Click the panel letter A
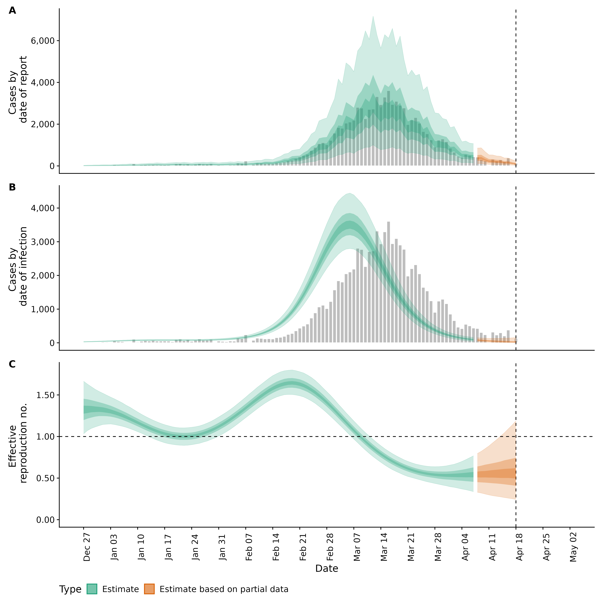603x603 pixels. point(12,11)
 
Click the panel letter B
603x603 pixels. point(12,187)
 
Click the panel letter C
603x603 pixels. point(12,364)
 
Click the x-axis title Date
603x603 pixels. point(326,569)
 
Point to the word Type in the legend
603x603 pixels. point(70,590)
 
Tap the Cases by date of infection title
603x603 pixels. point(18,266)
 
